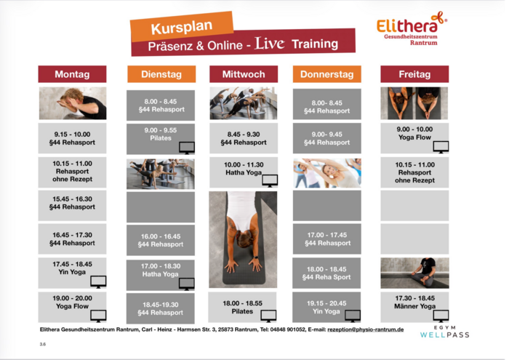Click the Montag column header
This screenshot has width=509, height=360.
[x=72, y=74]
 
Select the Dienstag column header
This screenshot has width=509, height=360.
[x=161, y=74]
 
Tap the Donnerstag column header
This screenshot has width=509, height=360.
[x=327, y=74]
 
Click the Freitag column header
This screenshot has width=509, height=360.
[x=414, y=74]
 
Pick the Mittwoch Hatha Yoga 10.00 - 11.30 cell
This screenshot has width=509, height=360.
[x=244, y=172]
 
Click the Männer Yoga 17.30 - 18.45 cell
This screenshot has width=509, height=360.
[x=414, y=307]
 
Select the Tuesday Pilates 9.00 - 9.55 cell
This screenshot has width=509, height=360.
[x=161, y=139]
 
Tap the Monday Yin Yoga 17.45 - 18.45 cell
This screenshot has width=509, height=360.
[x=72, y=273]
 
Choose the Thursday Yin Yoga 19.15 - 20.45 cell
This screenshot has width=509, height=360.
[x=326, y=307]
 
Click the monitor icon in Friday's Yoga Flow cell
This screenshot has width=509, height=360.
[x=441, y=147]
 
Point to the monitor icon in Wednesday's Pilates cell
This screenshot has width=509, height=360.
[x=268, y=316]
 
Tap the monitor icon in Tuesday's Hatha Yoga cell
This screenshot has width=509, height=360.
[x=187, y=284]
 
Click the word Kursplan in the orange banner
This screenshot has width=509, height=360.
[x=182, y=27]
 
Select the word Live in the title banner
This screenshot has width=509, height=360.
[x=270, y=43]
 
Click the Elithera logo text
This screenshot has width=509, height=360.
[x=407, y=25]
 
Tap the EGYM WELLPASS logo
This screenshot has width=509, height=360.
[x=445, y=332]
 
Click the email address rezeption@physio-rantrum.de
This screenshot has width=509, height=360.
[x=366, y=329]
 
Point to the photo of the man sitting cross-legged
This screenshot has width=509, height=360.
[x=415, y=273]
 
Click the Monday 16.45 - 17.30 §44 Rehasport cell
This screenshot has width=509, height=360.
[x=72, y=239]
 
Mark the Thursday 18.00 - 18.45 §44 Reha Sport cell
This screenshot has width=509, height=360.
[x=326, y=273]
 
